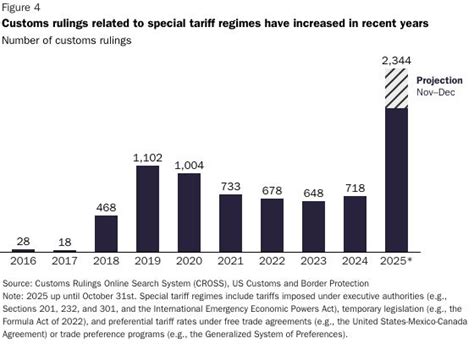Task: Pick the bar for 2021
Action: [x=229, y=222]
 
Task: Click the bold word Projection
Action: [x=441, y=81]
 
